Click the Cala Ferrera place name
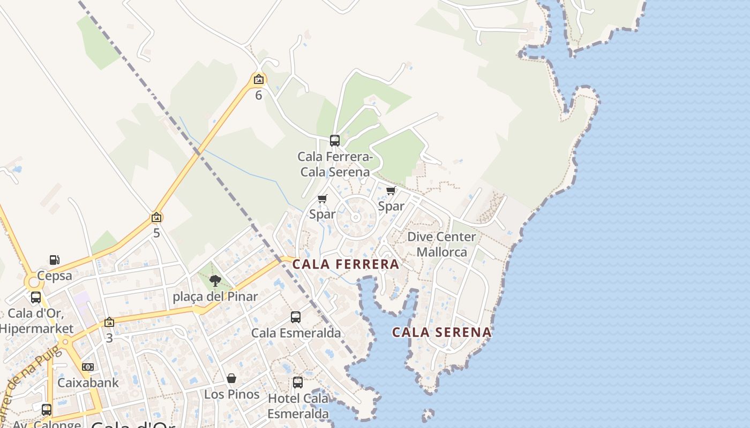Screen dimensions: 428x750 tap(346, 264)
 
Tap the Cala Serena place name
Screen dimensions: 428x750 tap(442, 332)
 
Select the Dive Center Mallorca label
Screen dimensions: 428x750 tap(441, 244)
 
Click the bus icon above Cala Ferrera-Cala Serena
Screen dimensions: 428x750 tap(335, 141)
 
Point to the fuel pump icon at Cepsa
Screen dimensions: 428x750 tap(54, 260)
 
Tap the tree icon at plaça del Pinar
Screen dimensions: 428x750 tap(215, 281)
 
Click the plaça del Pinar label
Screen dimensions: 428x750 tap(215, 296)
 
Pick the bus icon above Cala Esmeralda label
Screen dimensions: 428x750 tap(296, 317)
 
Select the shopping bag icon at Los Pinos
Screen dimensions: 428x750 tap(231, 378)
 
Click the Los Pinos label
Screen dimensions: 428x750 tap(231, 394)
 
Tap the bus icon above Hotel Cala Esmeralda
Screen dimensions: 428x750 tap(298, 383)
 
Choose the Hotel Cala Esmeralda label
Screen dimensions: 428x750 tap(298, 406)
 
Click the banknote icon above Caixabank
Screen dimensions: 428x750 tap(88, 367)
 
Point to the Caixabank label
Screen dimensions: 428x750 tap(88, 383)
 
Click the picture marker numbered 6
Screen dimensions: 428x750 tap(259, 80)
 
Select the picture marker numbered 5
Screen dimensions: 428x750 tap(156, 217)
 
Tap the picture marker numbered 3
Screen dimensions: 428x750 tap(109, 322)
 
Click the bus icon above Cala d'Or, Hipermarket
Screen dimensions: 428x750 tap(36, 297)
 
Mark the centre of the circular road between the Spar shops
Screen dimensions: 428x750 tap(355, 217)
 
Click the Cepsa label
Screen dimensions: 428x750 tap(54, 276)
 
